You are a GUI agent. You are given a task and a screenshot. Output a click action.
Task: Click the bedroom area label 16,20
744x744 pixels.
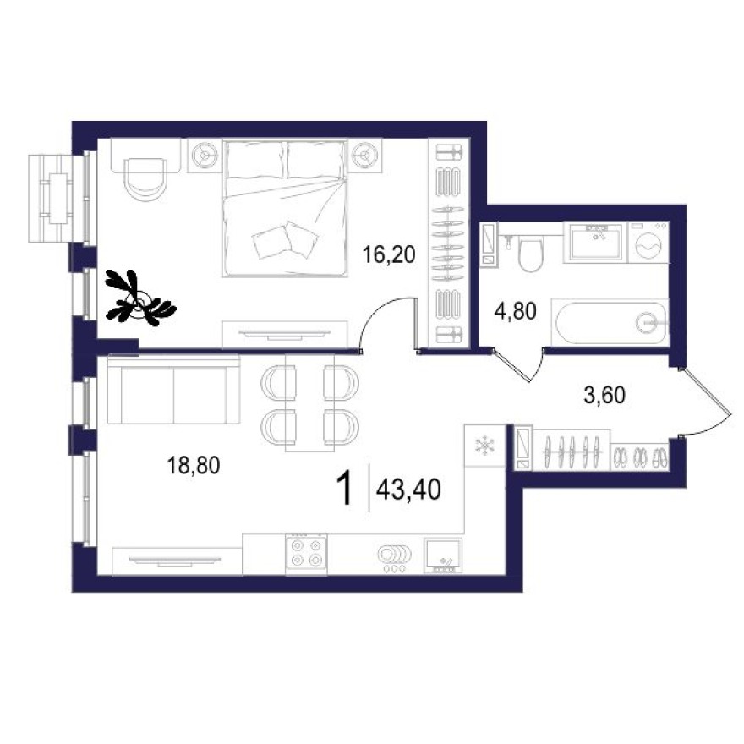tap(390, 254)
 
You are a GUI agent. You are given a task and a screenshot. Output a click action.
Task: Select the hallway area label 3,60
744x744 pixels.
tap(604, 393)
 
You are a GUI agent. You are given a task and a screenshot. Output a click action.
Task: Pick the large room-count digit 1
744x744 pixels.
tap(345, 490)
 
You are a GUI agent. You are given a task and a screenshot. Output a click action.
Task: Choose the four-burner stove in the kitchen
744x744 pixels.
tap(306, 553)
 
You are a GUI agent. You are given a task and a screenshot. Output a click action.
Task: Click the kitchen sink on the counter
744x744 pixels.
tap(442, 556)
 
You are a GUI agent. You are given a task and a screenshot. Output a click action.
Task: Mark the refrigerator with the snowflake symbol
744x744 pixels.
tap(485, 446)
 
